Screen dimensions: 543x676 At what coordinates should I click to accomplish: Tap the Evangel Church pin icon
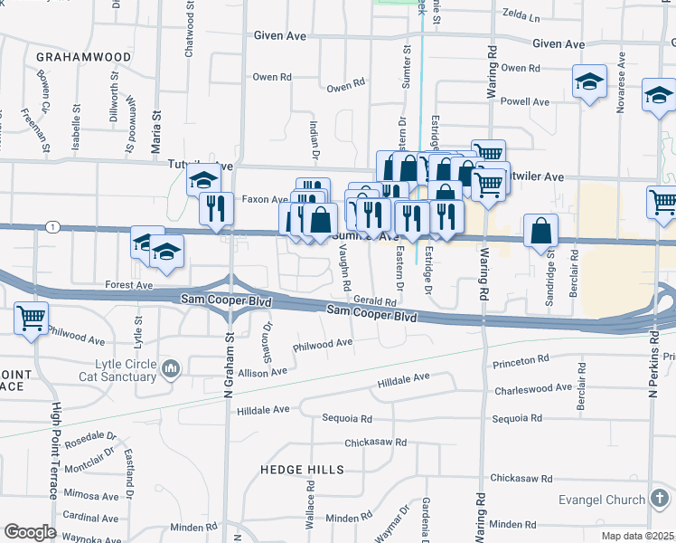click(660, 499)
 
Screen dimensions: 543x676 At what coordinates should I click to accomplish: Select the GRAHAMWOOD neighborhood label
click(83, 57)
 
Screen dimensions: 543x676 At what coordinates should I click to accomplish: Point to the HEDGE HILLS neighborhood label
click(302, 470)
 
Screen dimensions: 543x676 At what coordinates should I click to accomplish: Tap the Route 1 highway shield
click(54, 227)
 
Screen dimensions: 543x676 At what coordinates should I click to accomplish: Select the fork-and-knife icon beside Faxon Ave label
click(216, 208)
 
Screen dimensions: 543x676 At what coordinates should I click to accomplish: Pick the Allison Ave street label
click(262, 372)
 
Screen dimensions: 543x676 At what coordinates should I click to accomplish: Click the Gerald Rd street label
click(375, 301)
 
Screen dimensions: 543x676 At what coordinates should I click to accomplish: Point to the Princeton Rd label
click(521, 360)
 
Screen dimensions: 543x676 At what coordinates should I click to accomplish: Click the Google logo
click(31, 532)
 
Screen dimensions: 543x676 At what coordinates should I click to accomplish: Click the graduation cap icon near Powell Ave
click(589, 84)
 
